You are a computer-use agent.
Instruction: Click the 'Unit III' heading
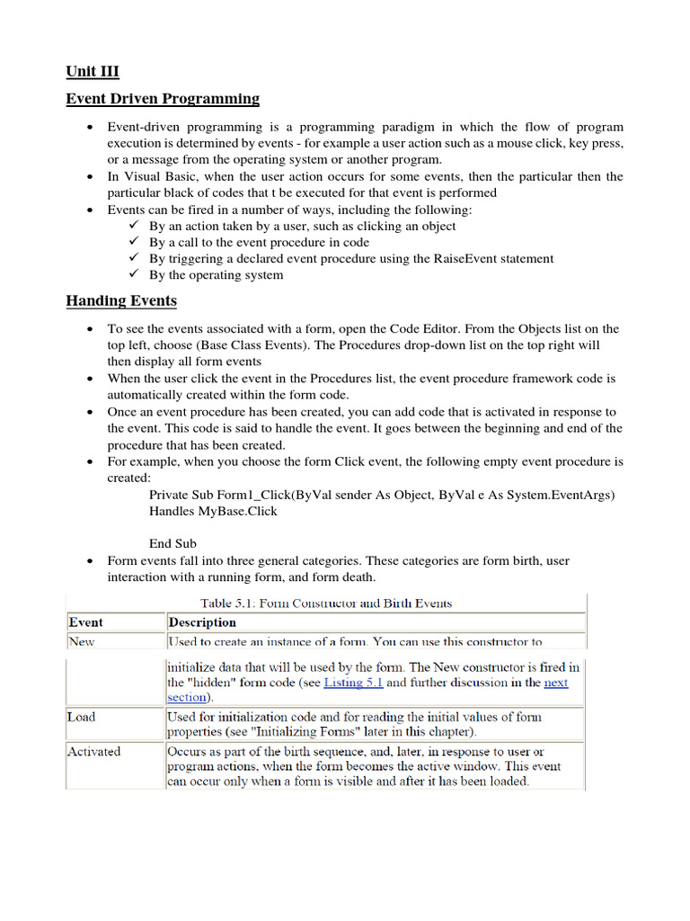(x=93, y=72)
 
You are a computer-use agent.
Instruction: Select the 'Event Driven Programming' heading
(x=163, y=99)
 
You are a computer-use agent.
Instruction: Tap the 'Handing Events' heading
(x=121, y=300)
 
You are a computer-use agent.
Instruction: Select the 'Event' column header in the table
(x=86, y=622)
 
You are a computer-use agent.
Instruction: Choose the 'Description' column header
(x=202, y=622)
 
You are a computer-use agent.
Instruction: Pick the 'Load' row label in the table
(x=81, y=717)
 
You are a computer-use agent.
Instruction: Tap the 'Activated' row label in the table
(x=93, y=751)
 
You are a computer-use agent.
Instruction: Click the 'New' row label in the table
(x=81, y=642)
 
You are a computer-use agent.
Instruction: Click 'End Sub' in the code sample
(x=172, y=543)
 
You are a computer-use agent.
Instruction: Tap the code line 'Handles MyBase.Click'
(x=213, y=511)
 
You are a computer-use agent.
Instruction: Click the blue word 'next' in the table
(x=556, y=683)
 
